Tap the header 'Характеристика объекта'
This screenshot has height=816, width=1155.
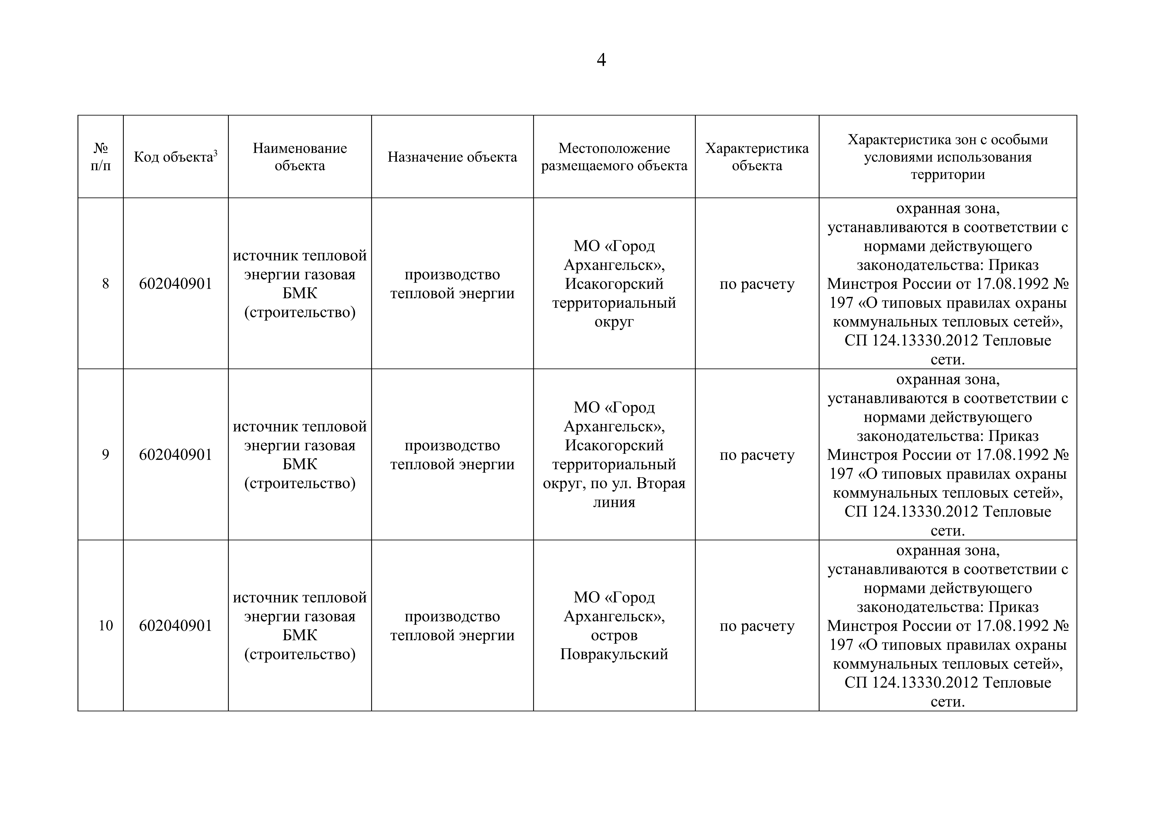click(757, 157)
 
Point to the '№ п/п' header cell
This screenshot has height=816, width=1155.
click(101, 157)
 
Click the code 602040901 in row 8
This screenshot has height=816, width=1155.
click(176, 284)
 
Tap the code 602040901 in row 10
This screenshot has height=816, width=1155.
click(176, 626)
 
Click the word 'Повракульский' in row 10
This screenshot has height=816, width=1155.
click(614, 655)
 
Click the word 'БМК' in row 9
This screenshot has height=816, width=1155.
click(300, 464)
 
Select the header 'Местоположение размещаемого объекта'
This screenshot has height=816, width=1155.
click(614, 157)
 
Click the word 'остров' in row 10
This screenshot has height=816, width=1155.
click(614, 635)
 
